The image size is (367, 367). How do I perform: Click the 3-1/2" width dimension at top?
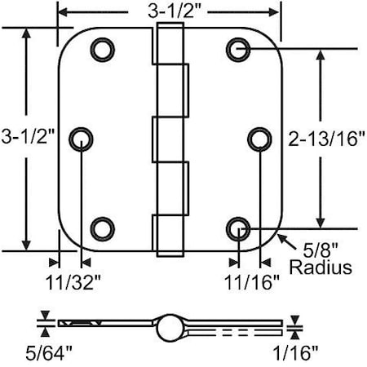click(x=169, y=11)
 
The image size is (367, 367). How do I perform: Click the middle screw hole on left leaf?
click(x=82, y=139)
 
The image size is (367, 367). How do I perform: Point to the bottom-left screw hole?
click(x=101, y=228)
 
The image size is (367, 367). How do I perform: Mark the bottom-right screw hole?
click(x=237, y=228)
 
